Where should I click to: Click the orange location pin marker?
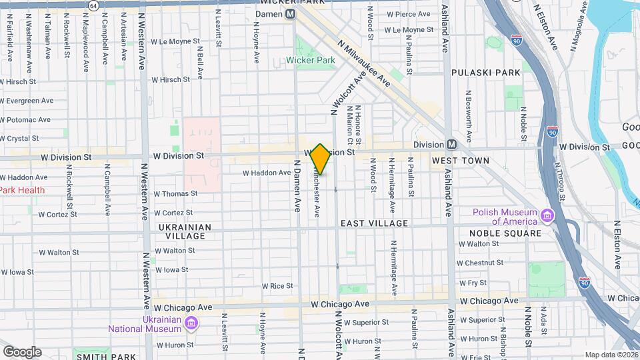pos(321,159)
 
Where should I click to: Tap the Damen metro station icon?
pos(290,13)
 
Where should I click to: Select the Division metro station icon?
pos(452,144)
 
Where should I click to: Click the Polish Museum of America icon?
pos(547,215)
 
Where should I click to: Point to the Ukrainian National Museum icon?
pos(192,324)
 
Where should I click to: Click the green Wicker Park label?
pos(310,60)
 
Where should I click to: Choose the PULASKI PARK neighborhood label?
pos(485,72)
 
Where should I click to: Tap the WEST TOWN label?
pos(460,161)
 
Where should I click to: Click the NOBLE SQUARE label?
pos(505,233)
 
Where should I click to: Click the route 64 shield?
pos(93,5)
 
